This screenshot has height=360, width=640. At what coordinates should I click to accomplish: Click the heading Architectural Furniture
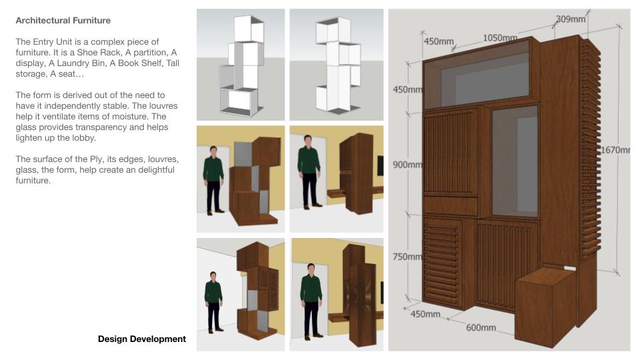pos(63,21)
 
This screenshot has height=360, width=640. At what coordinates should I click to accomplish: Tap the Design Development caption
pos(141,339)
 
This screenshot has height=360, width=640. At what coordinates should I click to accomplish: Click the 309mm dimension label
pos(570,19)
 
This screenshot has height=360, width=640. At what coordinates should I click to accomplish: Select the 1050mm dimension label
pos(500,38)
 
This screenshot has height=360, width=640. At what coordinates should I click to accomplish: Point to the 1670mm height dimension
pos(615,150)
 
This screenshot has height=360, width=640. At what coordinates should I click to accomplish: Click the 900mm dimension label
pos(407,165)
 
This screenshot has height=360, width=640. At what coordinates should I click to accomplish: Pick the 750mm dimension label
pos(407,257)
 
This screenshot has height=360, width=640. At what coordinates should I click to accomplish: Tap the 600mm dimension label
pos(481,327)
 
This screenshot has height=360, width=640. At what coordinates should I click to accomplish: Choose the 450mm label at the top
pos(439,41)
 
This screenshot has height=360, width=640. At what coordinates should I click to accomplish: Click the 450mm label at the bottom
pos(425,314)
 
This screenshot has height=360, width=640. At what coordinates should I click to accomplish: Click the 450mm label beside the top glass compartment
pos(407,89)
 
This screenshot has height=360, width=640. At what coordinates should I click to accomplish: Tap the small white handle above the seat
pos(570,268)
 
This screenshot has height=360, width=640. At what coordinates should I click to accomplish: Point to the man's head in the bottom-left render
pos(213,276)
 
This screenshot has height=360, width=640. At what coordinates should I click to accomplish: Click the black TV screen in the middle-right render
pos(381,165)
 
